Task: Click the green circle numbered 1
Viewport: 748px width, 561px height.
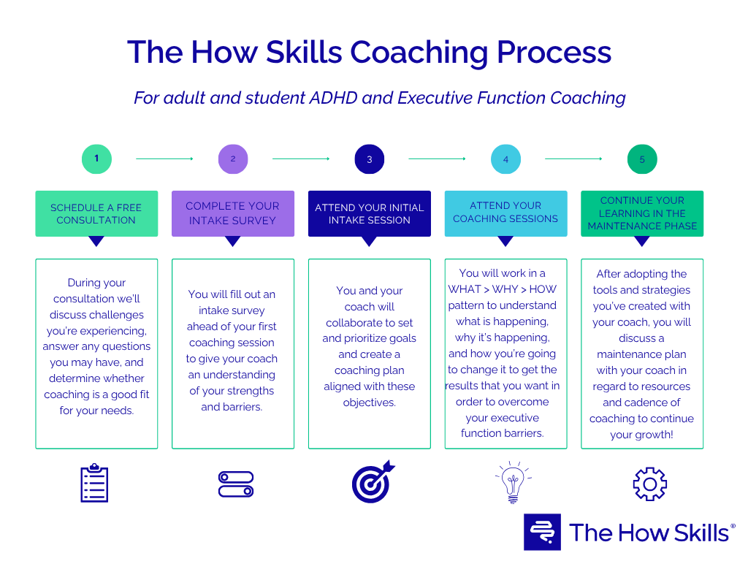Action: tap(96, 159)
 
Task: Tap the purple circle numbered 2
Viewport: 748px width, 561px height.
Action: tap(233, 159)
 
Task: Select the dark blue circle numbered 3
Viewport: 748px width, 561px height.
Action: tap(369, 159)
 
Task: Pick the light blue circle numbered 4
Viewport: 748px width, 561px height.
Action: tap(505, 159)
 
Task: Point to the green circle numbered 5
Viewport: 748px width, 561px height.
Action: tap(642, 159)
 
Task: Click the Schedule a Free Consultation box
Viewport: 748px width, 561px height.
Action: tap(96, 213)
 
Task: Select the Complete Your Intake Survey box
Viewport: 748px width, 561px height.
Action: tap(233, 213)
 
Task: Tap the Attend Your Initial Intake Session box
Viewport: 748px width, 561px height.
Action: tap(369, 213)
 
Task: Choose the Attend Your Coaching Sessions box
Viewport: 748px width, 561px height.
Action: tap(505, 213)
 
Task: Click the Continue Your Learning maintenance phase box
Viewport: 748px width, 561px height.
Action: tap(642, 213)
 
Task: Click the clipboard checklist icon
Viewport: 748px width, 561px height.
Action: tap(94, 484)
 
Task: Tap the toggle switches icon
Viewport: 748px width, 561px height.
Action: tap(235, 484)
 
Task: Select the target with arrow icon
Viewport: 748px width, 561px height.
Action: tap(372, 482)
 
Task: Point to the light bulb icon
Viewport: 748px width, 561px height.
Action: tap(508, 482)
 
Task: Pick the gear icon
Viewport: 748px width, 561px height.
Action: tap(649, 484)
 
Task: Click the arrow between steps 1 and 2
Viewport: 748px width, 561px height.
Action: tap(164, 159)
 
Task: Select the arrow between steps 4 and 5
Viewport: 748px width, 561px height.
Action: tap(573, 159)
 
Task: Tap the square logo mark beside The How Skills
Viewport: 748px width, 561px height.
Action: tap(542, 532)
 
